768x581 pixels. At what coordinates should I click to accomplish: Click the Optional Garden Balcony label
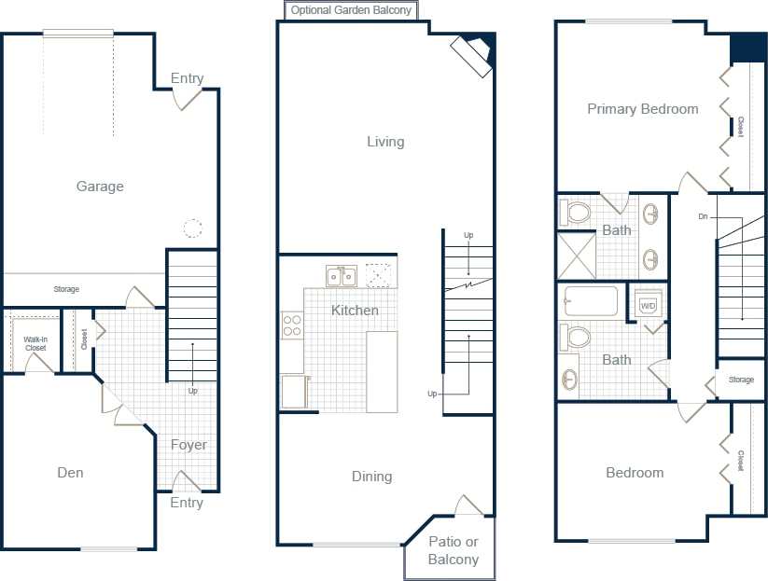tap(351, 10)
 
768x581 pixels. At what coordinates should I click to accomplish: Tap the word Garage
tap(100, 187)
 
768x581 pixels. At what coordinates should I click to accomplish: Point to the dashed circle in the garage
tap(192, 228)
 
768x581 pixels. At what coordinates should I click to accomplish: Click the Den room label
tap(70, 473)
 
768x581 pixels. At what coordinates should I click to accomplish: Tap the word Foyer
tap(189, 445)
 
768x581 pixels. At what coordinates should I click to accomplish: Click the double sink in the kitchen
tap(341, 276)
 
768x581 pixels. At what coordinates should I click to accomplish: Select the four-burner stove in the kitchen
tap(292, 325)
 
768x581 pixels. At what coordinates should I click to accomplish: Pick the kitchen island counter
tap(382, 371)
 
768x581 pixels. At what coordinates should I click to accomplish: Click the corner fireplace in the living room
tap(472, 55)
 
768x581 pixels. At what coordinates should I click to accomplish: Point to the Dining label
tap(371, 477)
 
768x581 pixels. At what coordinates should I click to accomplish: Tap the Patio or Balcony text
tap(453, 550)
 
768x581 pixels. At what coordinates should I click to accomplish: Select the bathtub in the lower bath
tap(591, 301)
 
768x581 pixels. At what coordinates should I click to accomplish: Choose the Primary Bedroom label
tap(642, 109)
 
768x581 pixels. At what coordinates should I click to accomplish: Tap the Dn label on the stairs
tap(702, 216)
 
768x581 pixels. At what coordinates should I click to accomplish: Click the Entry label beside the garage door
tap(187, 78)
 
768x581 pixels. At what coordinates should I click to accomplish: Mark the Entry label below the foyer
tap(187, 503)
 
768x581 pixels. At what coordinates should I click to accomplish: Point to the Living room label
tap(385, 142)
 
